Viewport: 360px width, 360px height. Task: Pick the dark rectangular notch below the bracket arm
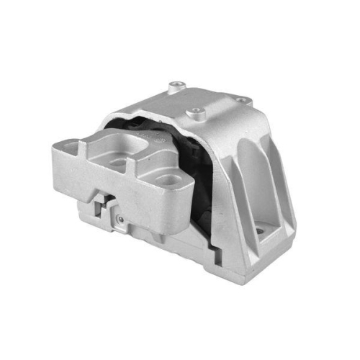pyautogui.click(x=104, y=204)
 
